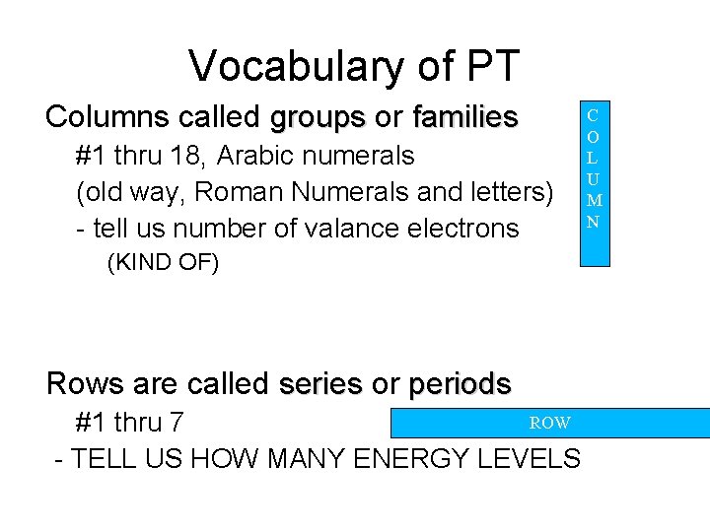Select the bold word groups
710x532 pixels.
pyautogui.click(x=318, y=117)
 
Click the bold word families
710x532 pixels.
pyautogui.click(x=465, y=117)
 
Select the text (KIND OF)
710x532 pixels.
pyautogui.click(x=163, y=263)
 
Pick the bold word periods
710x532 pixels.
pyautogui.click(x=460, y=383)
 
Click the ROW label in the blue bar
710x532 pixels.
pyautogui.click(x=549, y=423)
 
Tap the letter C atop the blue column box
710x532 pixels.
pyautogui.click(x=593, y=115)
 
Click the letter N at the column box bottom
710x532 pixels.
pyautogui.click(x=593, y=222)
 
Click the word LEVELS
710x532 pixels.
pyautogui.click(x=539, y=459)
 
